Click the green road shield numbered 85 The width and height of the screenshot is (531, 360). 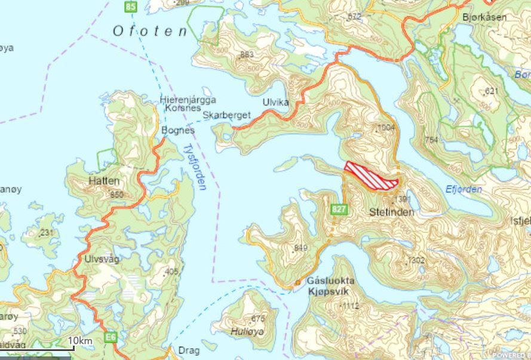(x=131, y=7)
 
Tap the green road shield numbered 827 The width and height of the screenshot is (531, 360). (x=339, y=209)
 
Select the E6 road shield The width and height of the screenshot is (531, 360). (x=111, y=339)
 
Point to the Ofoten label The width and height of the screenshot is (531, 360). (x=149, y=31)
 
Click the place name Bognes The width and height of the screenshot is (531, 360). (x=179, y=130)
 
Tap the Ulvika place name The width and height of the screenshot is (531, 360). (x=275, y=102)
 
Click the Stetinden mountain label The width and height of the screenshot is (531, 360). (x=391, y=211)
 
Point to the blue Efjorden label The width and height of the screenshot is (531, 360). (x=464, y=189)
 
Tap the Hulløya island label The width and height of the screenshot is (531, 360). (x=247, y=330)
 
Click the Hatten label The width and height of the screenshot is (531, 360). (x=104, y=181)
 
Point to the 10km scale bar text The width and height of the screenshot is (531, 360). (x=79, y=340)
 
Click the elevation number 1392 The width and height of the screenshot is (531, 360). (x=404, y=199)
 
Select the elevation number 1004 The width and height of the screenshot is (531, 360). (x=387, y=128)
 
